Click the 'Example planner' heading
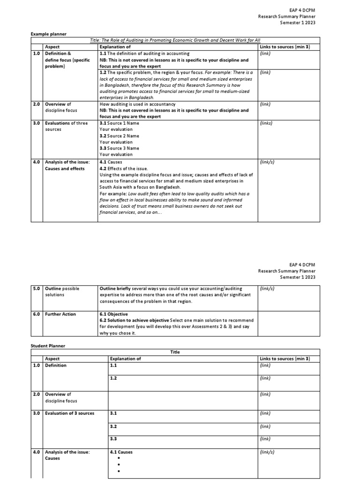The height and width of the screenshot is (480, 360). coord(49,34)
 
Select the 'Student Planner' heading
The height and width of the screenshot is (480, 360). coord(48,345)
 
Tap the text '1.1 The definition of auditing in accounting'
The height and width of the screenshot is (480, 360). coord(144,53)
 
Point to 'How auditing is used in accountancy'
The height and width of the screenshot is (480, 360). coord(138,104)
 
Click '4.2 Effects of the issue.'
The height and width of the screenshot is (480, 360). coord(124,168)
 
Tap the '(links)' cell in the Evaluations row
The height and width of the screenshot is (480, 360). coord(266,123)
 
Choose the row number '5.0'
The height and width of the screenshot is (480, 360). coord(37,288)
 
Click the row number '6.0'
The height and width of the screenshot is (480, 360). coord(37,314)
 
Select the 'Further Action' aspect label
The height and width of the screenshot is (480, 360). coord(60,314)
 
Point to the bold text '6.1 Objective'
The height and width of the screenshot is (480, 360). coord(113,314)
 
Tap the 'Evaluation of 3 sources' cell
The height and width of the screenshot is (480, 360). coord(69,413)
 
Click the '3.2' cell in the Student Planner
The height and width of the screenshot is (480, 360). coord(112,426)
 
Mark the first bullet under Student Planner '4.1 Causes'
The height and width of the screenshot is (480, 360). coord(119,458)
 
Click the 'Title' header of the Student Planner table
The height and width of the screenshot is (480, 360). coord(175,352)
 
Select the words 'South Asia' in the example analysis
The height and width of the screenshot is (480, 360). coord(111,187)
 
